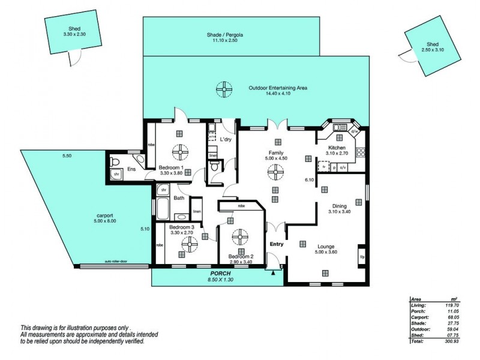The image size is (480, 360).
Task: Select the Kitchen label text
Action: pyautogui.click(x=336, y=148)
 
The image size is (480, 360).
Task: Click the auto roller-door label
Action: pyautogui.click(x=116, y=262)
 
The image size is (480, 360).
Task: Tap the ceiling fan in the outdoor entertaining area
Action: pyautogui.click(x=224, y=90)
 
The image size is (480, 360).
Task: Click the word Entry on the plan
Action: pyautogui.click(x=277, y=244)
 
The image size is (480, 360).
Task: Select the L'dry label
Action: pyautogui.click(x=226, y=139)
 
